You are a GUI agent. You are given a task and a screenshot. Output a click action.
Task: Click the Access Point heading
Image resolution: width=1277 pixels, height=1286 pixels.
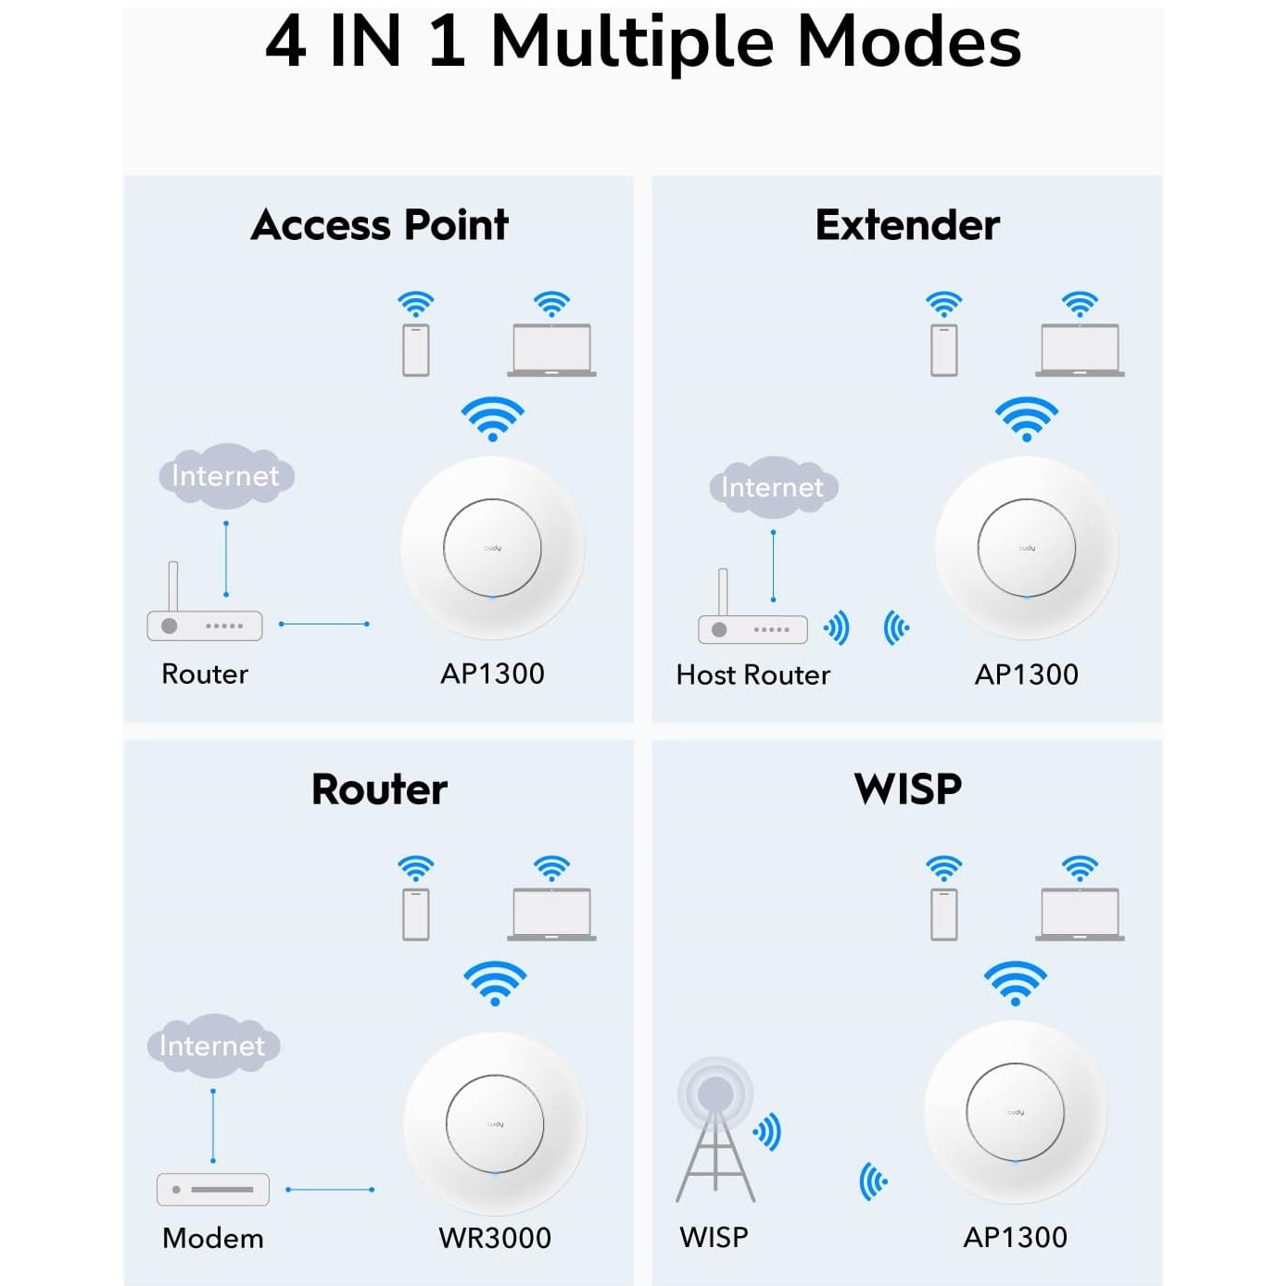pos(379,225)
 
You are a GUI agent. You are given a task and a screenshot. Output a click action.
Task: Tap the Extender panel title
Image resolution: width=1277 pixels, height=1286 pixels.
pos(907,225)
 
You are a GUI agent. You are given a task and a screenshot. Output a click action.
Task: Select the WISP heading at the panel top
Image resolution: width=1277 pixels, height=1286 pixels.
pos(908,788)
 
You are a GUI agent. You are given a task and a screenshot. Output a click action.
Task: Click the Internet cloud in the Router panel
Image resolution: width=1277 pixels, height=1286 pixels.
pos(213,1045)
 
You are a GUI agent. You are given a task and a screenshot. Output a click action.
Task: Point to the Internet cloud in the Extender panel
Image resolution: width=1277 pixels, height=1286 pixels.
pos(773,487)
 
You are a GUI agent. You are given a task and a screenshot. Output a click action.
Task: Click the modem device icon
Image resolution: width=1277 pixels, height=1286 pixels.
pos(213,1190)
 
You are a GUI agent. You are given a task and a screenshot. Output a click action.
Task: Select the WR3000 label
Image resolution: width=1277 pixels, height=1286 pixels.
pos(495,1238)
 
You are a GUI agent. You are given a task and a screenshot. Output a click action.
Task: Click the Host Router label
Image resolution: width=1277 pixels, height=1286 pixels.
pos(753,675)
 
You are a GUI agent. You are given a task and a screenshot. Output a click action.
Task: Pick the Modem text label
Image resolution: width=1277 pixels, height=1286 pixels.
pos(213,1239)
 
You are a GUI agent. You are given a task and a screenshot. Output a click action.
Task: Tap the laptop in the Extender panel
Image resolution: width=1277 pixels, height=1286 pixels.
pos(1080,350)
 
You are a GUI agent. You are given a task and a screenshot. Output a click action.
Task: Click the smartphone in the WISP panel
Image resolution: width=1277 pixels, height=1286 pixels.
pos(944,914)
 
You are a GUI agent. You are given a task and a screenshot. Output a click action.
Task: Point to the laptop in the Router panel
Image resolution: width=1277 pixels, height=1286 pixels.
pos(551,914)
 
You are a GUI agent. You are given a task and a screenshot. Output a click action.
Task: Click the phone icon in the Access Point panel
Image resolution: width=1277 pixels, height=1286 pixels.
pos(416,350)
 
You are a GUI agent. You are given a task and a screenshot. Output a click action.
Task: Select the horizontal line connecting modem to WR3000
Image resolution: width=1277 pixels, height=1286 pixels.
pos(330,1190)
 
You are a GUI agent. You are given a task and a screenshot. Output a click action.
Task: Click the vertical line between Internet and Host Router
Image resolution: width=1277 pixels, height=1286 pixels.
pos(773,566)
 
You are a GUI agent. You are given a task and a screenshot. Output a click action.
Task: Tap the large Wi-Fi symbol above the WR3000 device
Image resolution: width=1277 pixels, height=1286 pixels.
pos(495,983)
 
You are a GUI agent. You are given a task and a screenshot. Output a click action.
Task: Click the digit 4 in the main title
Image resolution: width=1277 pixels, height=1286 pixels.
pos(285,42)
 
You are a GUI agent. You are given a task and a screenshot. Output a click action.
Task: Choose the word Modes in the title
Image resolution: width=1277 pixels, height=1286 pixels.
pos(909,42)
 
